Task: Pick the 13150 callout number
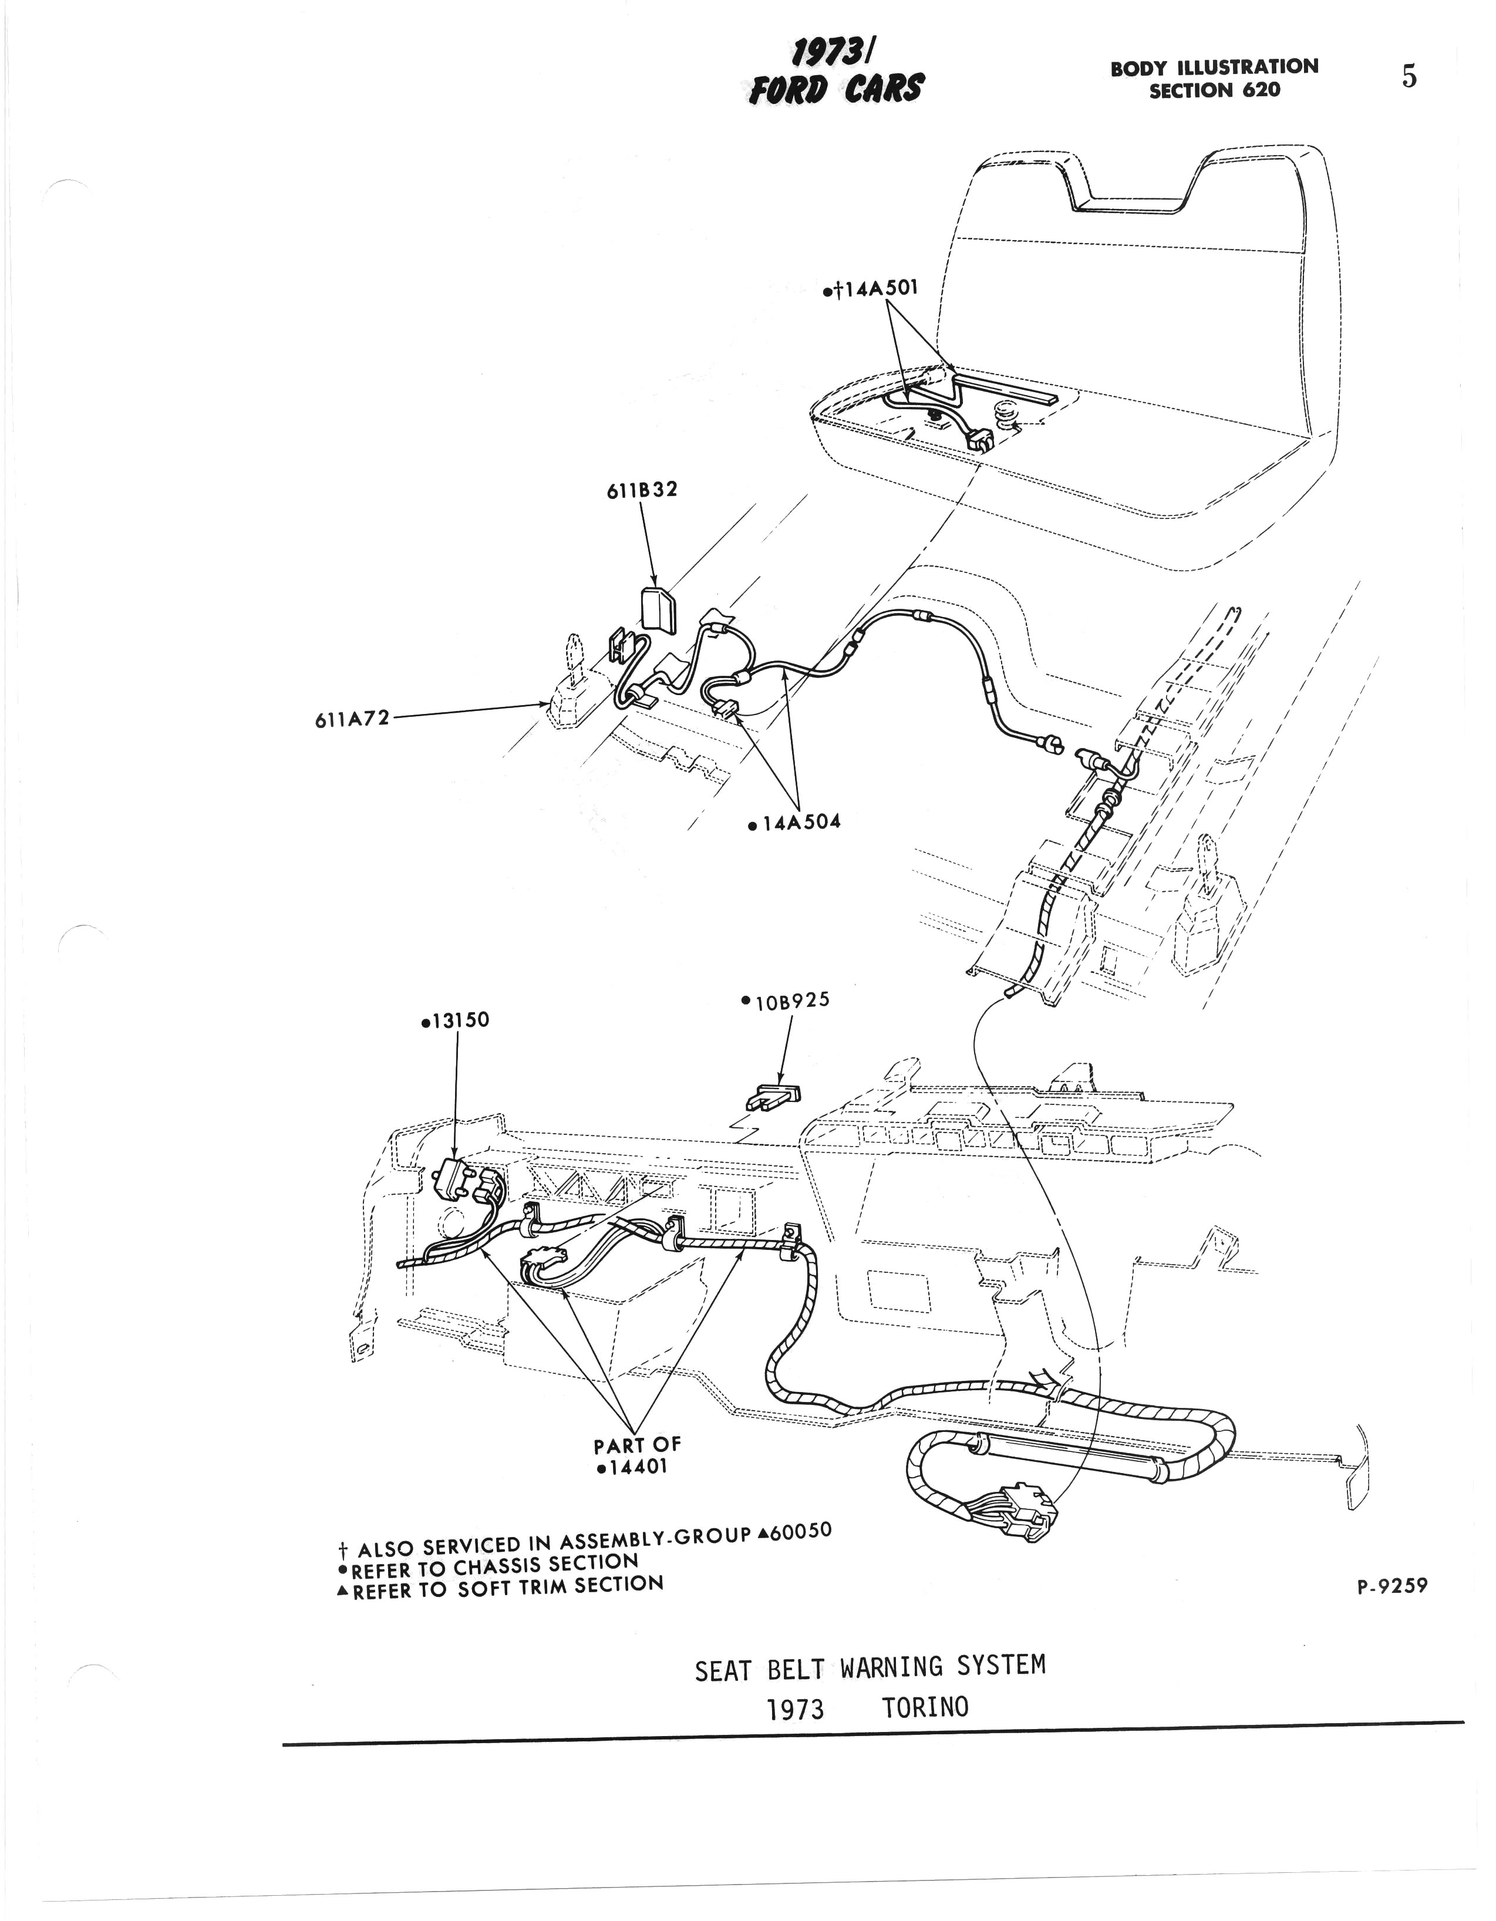tap(460, 1020)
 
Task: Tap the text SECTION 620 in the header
tap(1215, 90)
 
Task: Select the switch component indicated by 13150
tap(457, 1179)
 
